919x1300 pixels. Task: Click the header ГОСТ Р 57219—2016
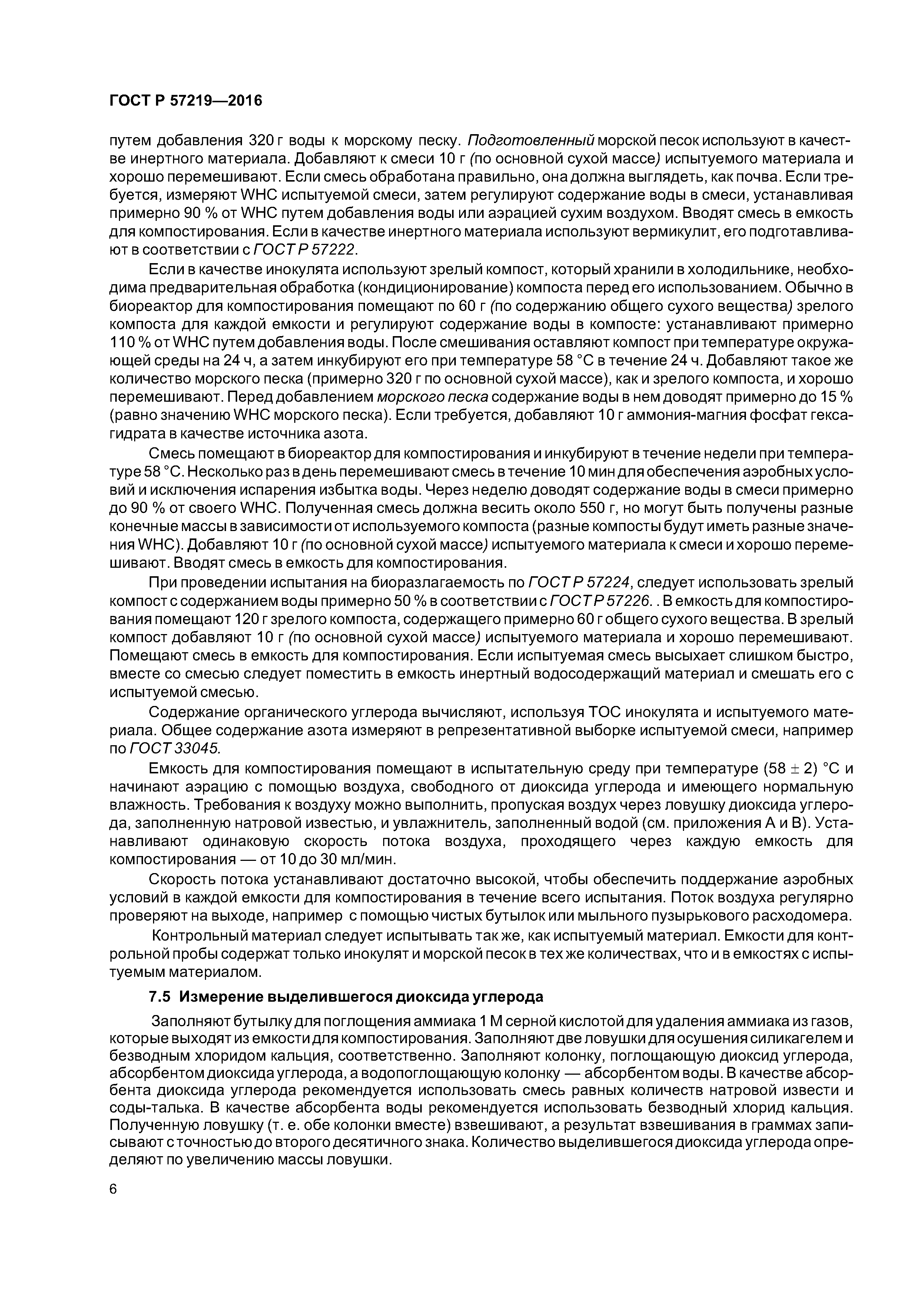tap(186, 101)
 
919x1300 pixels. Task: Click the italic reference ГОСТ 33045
tap(175, 749)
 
